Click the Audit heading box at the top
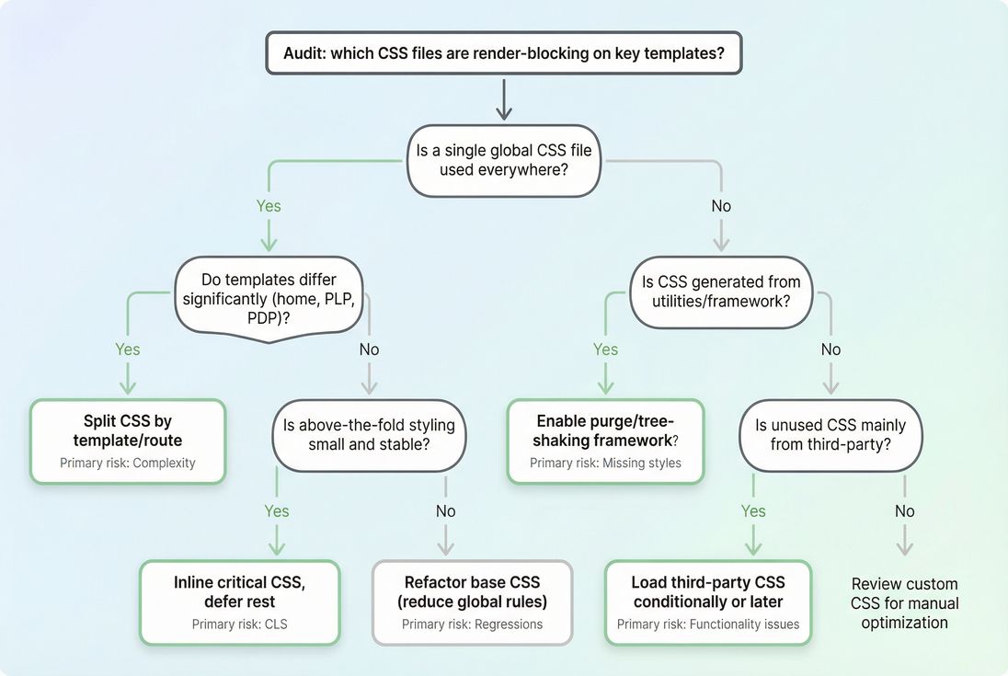pyautogui.click(x=503, y=53)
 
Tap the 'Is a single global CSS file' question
pyautogui.click(x=503, y=160)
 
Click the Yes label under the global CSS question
pyautogui.click(x=268, y=206)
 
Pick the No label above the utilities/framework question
pyautogui.click(x=721, y=206)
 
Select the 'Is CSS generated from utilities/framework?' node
pyautogui.click(x=721, y=292)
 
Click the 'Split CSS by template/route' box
pyautogui.click(x=128, y=441)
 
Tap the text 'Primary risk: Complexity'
pyautogui.click(x=128, y=463)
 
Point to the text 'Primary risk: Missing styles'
pyautogui.click(x=606, y=463)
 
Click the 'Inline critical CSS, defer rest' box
pyautogui.click(x=239, y=602)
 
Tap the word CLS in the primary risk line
pyautogui.click(x=275, y=624)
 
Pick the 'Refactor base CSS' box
pyautogui.click(x=472, y=602)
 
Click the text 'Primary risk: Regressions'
pyautogui.click(x=472, y=624)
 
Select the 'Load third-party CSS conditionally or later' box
pyautogui.click(x=707, y=602)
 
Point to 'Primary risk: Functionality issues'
pyautogui.click(x=707, y=624)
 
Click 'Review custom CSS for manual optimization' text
pyautogui.click(x=904, y=603)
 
